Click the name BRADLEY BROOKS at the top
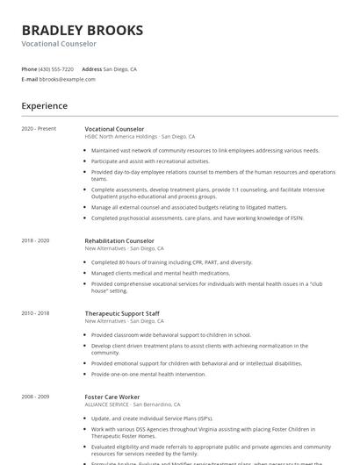83,31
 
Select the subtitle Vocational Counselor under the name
59,43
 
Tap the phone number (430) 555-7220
56,68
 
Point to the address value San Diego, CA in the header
120,68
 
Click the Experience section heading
45,106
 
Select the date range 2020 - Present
39,129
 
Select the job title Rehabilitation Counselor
119,240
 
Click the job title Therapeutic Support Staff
122,313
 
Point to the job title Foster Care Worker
112,397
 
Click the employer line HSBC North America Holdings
121,137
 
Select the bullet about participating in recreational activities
150,161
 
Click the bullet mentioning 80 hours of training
171,261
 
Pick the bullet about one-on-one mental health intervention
148,375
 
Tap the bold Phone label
29,68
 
